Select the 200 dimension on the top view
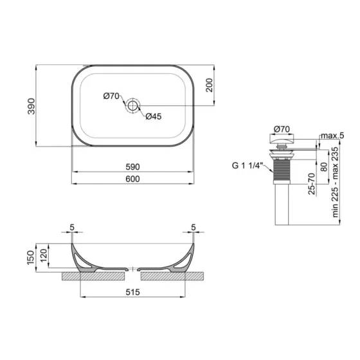pyautogui.click(x=208, y=86)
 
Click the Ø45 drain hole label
pyautogui.click(x=153, y=116)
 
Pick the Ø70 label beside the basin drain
pyautogui.click(x=111, y=96)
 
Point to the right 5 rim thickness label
pyautogui.click(x=192, y=228)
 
